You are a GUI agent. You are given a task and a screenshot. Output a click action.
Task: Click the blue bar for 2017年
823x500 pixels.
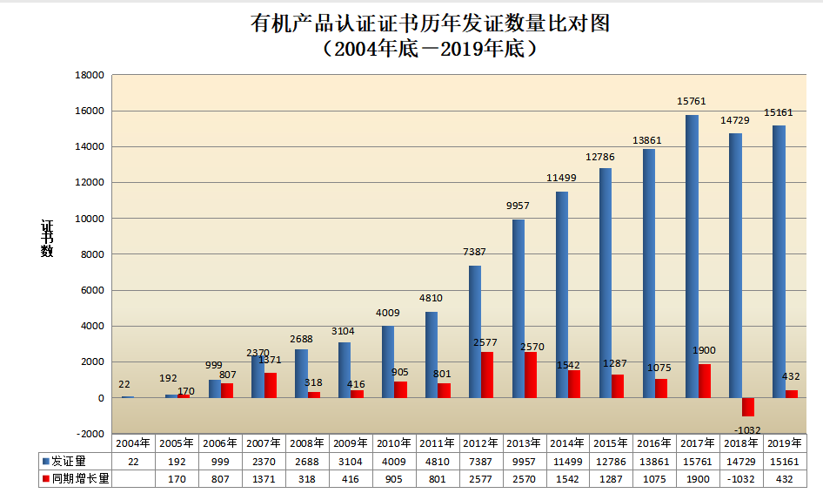point(692,256)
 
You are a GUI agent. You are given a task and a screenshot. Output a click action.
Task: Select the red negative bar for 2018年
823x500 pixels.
point(747,407)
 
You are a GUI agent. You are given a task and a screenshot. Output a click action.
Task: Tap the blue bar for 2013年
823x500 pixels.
point(519,308)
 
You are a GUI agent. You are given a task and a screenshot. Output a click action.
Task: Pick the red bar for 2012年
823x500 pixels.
point(487,375)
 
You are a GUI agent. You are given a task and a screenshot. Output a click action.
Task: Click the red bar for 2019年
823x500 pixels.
point(791,394)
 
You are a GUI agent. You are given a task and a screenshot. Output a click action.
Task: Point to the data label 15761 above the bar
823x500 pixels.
point(692,102)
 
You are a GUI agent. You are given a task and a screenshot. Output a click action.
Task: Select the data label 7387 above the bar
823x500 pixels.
point(475,252)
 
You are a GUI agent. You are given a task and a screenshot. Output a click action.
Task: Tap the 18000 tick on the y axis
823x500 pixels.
point(90,76)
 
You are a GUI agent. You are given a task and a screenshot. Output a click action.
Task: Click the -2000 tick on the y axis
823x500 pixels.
point(90,434)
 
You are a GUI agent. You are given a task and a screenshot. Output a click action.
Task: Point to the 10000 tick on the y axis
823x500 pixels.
point(90,219)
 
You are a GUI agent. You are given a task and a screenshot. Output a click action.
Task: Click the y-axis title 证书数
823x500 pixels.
point(47,238)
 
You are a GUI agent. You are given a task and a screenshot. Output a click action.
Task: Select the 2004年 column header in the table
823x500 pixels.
point(133,443)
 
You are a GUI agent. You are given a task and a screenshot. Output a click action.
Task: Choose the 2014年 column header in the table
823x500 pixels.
point(568,443)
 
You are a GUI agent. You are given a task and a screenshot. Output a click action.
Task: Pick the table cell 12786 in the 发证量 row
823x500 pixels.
point(612,461)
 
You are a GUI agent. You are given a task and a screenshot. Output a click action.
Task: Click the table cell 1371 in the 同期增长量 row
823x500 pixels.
point(264,478)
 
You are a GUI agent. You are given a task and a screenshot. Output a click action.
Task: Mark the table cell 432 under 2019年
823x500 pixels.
point(786,478)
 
